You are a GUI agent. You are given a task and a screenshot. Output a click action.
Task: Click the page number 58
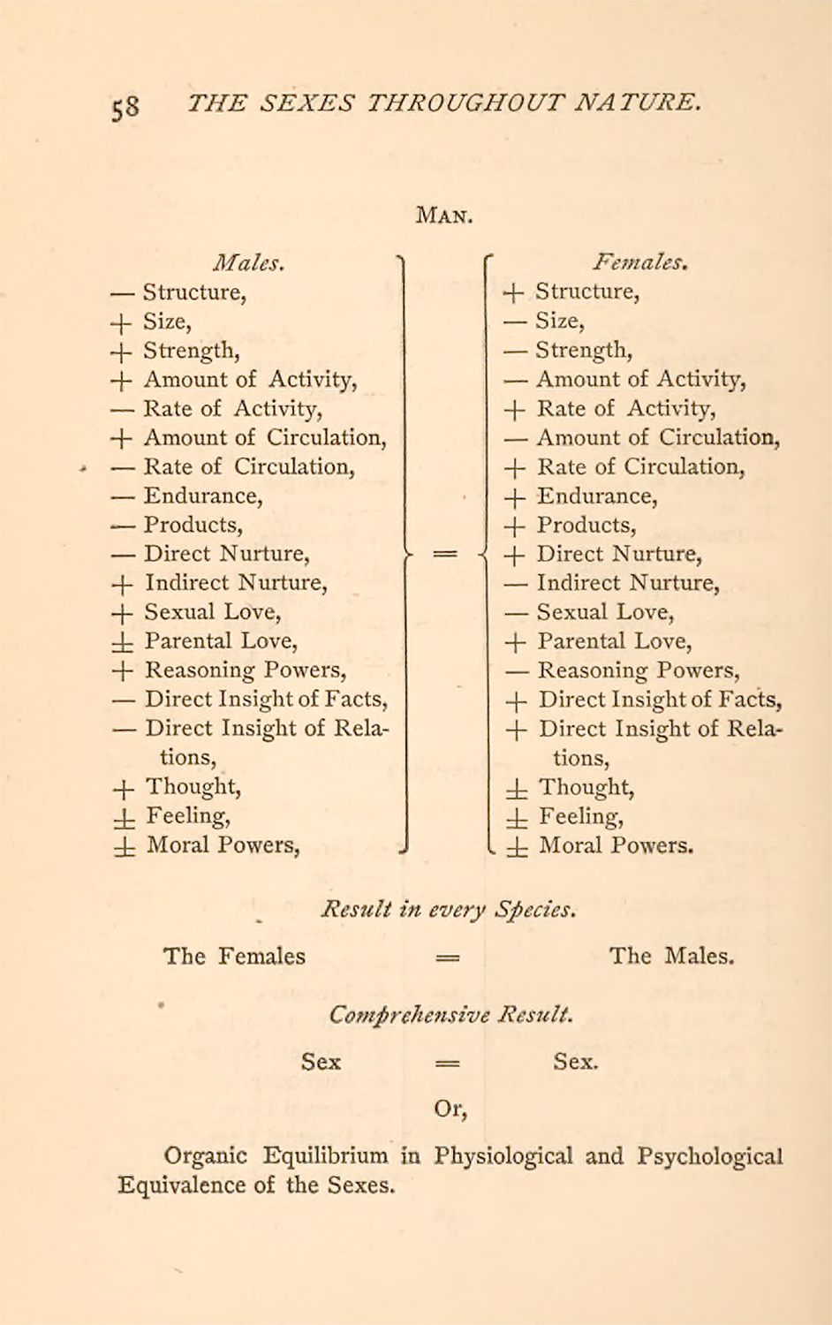tap(125, 106)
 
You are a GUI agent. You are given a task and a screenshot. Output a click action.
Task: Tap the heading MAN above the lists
tap(443, 215)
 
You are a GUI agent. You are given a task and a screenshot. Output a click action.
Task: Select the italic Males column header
tap(248, 263)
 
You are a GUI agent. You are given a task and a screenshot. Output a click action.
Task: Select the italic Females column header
tap(640, 262)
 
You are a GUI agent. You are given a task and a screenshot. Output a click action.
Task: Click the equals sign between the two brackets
tap(446, 554)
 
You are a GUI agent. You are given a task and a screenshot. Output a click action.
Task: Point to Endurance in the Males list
tap(202, 496)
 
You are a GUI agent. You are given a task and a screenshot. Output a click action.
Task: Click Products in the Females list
tap(586, 525)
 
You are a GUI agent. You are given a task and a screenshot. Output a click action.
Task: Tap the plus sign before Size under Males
tap(122, 322)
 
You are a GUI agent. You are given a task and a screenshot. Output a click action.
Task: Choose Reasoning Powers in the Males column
tap(245, 670)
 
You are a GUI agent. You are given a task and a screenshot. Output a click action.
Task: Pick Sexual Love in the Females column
tap(605, 612)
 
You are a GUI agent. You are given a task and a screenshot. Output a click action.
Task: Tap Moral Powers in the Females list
tap(616, 845)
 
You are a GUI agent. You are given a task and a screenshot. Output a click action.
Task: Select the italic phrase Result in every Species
tap(449, 909)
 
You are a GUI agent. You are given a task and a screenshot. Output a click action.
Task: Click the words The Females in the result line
tap(234, 956)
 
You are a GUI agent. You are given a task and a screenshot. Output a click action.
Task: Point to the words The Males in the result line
tap(671, 956)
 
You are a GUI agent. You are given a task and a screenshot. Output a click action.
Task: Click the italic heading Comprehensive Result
tap(450, 1014)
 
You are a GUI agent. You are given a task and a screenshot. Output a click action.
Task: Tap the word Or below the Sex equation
tap(450, 1108)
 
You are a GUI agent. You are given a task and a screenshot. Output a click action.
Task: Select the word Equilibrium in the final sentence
tap(325, 1155)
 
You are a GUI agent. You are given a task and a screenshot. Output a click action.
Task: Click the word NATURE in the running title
tap(638, 102)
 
